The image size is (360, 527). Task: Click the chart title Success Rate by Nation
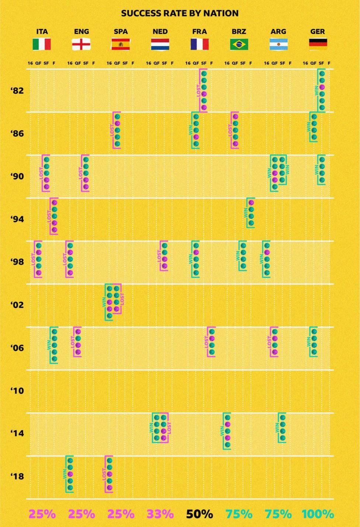tap(180, 13)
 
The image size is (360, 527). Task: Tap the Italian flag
tap(42, 44)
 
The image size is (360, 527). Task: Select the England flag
tap(81, 44)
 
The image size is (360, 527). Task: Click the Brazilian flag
tap(239, 44)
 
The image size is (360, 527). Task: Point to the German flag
tap(318, 44)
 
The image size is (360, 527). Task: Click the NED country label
tap(160, 31)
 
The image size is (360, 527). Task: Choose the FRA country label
tap(200, 31)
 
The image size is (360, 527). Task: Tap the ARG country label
tap(278, 31)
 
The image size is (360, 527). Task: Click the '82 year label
tap(17, 91)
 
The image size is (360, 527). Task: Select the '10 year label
tap(17, 391)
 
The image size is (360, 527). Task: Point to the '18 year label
tap(17, 476)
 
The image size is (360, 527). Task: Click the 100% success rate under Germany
tap(318, 514)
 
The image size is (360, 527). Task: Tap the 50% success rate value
tap(200, 514)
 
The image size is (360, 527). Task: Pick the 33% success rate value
tap(160, 514)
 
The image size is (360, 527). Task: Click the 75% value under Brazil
tap(239, 514)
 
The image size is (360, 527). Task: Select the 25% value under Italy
tap(42, 514)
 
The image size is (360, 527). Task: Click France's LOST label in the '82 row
tap(199, 91)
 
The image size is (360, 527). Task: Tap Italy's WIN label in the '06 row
tap(49, 345)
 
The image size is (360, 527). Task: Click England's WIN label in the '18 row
tap(65, 474)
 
